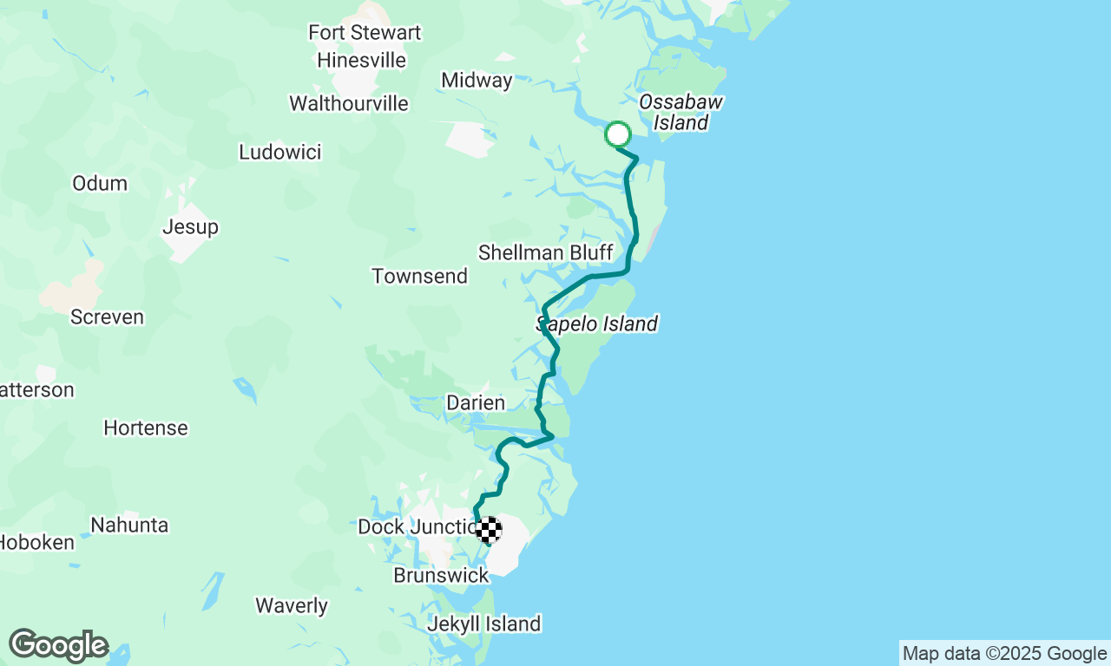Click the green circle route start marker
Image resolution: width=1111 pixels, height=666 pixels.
tap(617, 134)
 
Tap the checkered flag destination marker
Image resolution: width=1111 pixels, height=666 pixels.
tap(489, 529)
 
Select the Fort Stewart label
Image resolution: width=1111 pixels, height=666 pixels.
tap(365, 33)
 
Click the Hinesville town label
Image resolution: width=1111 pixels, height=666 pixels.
tap(361, 61)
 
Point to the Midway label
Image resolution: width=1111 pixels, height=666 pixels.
tap(477, 81)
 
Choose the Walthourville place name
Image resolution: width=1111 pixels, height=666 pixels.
tap(348, 104)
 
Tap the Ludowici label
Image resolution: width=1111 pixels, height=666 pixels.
tap(279, 153)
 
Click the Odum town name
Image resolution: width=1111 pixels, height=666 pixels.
tap(100, 184)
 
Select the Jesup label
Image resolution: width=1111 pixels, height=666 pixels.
tap(190, 227)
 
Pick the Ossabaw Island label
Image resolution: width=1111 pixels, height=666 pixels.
tap(680, 113)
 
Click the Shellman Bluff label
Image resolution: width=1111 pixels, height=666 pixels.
tap(545, 253)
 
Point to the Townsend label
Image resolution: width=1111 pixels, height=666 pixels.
tap(419, 277)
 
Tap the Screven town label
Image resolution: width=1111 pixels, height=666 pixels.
tap(107, 317)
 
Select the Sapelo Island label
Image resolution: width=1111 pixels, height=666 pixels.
tap(597, 324)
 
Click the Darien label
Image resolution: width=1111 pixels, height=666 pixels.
tap(475, 403)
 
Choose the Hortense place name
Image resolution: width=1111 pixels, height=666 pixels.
tap(145, 428)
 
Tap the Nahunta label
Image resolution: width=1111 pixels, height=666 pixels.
tap(129, 526)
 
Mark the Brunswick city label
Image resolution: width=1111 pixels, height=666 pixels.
tap(441, 576)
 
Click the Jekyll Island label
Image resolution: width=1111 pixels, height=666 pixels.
tap(483, 624)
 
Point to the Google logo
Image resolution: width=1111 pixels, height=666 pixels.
tap(58, 645)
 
